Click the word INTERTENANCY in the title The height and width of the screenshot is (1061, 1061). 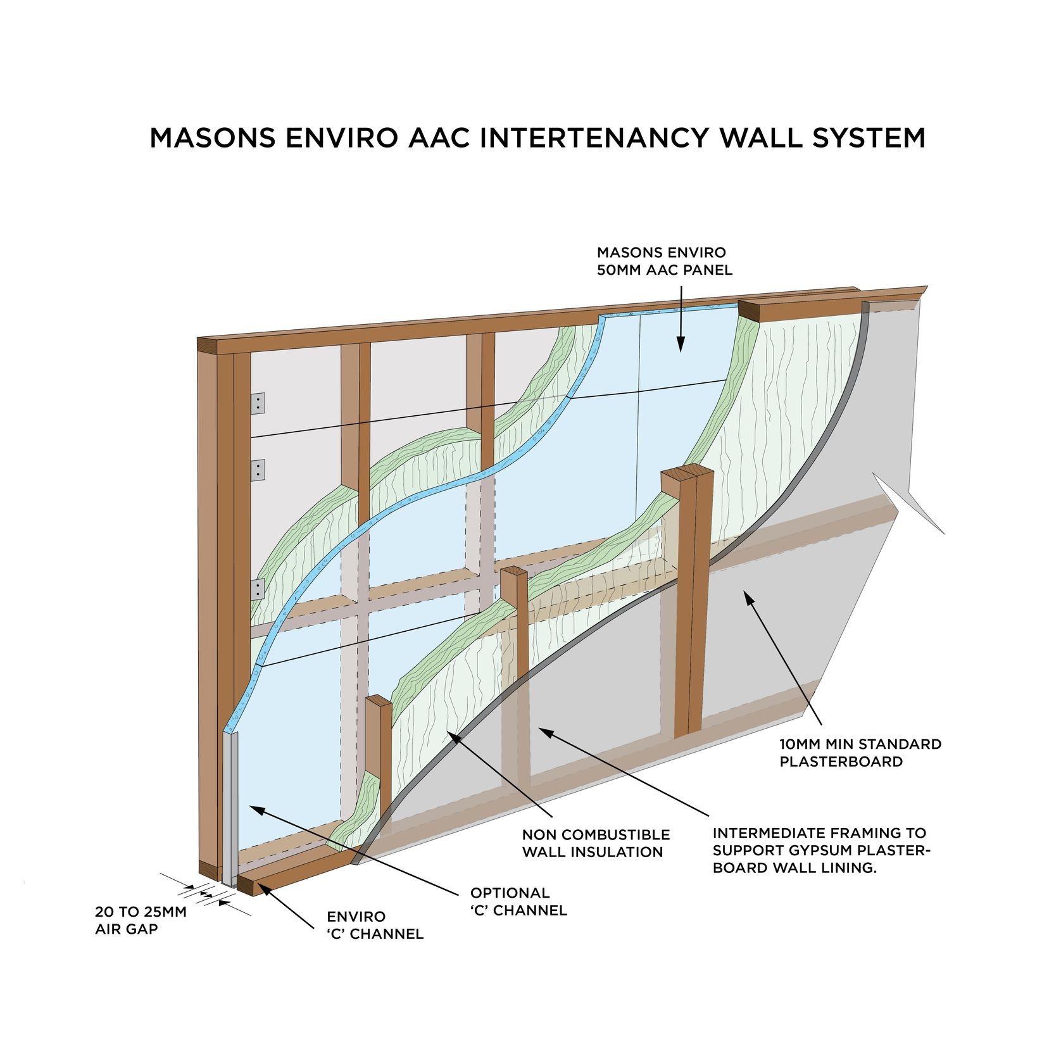pyautogui.click(x=593, y=138)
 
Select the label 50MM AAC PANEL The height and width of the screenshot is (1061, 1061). pyautogui.click(x=664, y=270)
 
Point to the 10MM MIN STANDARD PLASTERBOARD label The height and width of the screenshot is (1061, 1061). pyautogui.click(x=860, y=753)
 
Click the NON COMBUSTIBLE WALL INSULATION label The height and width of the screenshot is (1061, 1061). pyautogui.click(x=595, y=843)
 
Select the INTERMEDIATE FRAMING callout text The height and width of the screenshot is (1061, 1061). pyautogui.click(x=820, y=850)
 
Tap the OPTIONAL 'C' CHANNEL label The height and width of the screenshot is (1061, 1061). pyautogui.click(x=518, y=901)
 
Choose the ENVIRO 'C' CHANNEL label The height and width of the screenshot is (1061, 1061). pyautogui.click(x=375, y=925)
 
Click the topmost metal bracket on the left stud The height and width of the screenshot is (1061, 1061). pyautogui.click(x=258, y=403)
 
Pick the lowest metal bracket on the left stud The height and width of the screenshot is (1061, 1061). pyautogui.click(x=258, y=589)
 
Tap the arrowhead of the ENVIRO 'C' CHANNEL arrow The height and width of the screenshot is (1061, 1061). pyautogui.click(x=259, y=888)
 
